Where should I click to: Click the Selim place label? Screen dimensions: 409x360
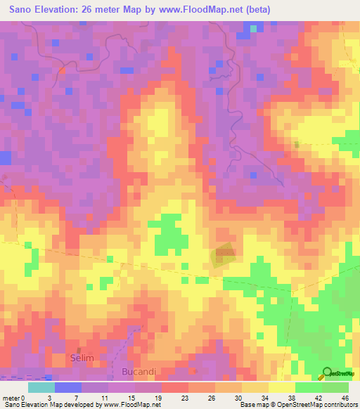point(82,358)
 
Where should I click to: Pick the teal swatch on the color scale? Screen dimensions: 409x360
point(41,387)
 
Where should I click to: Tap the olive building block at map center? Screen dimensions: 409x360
point(224,256)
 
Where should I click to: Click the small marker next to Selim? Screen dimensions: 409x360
point(79,349)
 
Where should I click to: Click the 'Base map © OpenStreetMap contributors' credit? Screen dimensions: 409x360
point(297,405)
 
